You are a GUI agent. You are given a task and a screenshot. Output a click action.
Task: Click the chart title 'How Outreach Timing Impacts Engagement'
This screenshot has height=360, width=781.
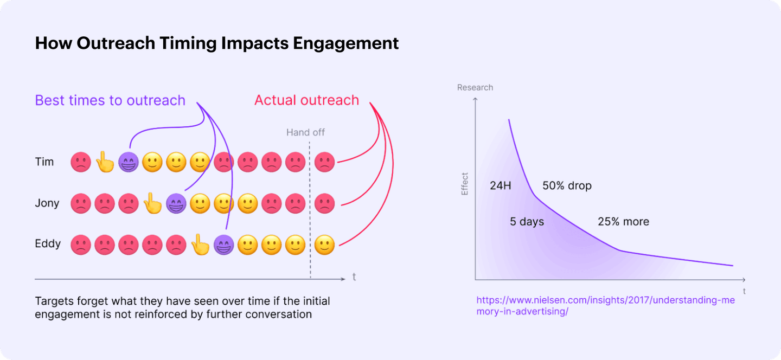coord(216,43)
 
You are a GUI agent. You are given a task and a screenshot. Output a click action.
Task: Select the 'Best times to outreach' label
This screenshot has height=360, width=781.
coord(110,100)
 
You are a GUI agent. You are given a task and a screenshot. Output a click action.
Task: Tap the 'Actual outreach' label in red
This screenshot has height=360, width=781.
coord(306,100)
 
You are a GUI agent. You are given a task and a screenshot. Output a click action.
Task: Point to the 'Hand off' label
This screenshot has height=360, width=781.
coord(306,132)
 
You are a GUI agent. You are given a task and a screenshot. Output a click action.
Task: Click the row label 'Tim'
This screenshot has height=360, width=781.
coord(44,162)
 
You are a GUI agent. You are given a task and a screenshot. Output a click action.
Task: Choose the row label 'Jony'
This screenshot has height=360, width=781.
coord(47,203)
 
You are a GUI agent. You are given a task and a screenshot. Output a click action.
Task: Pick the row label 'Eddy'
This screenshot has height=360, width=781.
coord(48,244)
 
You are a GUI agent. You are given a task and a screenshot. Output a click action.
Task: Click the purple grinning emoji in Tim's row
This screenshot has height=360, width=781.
coord(129,162)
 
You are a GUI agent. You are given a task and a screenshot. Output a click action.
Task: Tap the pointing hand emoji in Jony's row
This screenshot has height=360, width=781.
coord(152,203)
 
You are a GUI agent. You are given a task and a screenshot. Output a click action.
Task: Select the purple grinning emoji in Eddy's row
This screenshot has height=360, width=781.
coord(223,245)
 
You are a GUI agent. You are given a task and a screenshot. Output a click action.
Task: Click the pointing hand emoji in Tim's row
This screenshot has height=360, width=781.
coord(105,162)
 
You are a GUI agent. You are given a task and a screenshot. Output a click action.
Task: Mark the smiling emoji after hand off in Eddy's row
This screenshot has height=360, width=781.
coord(324,245)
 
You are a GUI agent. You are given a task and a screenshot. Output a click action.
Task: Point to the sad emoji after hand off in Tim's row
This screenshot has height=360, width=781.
coord(324,162)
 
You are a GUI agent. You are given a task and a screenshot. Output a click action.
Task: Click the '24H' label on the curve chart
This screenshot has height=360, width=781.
coord(501,186)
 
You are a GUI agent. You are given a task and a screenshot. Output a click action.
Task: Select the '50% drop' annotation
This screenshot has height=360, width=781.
coord(567,186)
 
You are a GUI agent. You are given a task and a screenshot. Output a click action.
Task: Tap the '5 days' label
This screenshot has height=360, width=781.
coord(527,222)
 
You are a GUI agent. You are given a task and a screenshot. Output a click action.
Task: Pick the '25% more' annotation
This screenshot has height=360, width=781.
coord(623,222)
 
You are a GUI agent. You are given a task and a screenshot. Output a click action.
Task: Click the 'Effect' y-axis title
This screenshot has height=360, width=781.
coord(464,184)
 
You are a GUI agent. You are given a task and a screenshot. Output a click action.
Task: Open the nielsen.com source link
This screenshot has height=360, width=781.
coord(605,306)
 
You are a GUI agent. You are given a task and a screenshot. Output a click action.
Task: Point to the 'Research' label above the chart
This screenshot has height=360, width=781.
coord(475,87)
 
